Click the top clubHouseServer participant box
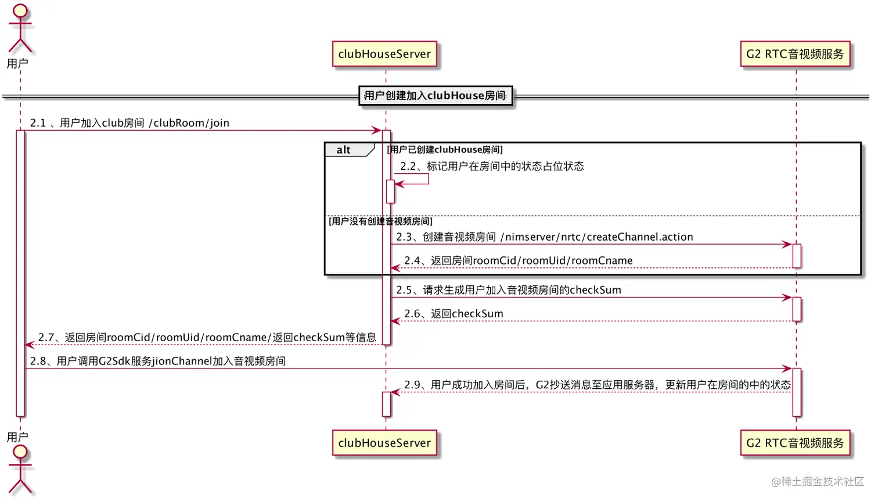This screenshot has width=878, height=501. (384, 54)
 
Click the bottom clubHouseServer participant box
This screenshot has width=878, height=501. (384, 443)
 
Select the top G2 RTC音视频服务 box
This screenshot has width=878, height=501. (795, 54)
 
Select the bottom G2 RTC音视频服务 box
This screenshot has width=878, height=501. (795, 443)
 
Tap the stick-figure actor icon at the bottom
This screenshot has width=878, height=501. (20, 470)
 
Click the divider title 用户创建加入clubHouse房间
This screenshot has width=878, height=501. (435, 95)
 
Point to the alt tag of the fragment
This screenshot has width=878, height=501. (344, 150)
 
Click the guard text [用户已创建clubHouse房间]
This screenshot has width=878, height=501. (445, 150)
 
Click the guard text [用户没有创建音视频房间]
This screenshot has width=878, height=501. (380, 221)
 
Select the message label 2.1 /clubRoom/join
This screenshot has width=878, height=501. (129, 123)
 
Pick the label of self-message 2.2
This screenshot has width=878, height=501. (492, 166)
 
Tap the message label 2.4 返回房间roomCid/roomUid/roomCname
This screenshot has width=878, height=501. (519, 260)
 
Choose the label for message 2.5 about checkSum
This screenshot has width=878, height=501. (509, 290)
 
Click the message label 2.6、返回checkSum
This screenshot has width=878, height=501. (454, 314)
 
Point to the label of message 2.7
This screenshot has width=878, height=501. (207, 338)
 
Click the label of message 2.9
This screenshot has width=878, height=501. (598, 385)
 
